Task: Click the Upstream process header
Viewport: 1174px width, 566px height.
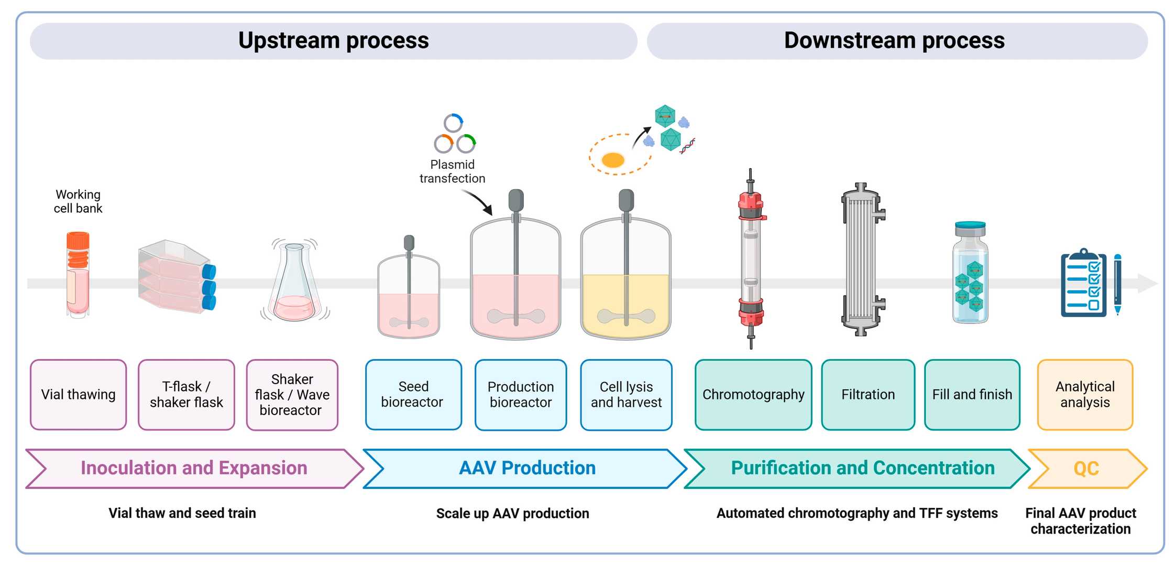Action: pyautogui.click(x=333, y=41)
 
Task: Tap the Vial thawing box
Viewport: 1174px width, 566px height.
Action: pyautogui.click(x=78, y=395)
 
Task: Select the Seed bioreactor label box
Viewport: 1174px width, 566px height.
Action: pyautogui.click(x=413, y=395)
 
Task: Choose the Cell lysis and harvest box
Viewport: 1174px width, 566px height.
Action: pyautogui.click(x=626, y=395)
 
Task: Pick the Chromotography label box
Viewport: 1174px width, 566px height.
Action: pyautogui.click(x=753, y=395)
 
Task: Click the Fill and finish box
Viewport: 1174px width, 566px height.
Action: pyautogui.click(x=972, y=395)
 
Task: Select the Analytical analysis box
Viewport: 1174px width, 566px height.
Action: pyautogui.click(x=1085, y=395)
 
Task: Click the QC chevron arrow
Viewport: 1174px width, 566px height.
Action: pyautogui.click(x=1087, y=469)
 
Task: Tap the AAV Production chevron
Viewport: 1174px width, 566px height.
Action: pyautogui.click(x=526, y=469)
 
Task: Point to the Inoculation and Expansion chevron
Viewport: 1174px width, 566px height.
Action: pyautogui.click(x=194, y=469)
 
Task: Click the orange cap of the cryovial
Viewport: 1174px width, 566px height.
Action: pyautogui.click(x=78, y=241)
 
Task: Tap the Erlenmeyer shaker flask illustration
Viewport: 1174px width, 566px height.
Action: pyautogui.click(x=294, y=283)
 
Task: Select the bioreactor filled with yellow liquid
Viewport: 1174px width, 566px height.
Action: pyautogui.click(x=626, y=293)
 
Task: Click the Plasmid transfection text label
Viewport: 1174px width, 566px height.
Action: pyautogui.click(x=452, y=171)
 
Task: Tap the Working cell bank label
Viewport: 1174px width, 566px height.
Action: pyautogui.click(x=78, y=202)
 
